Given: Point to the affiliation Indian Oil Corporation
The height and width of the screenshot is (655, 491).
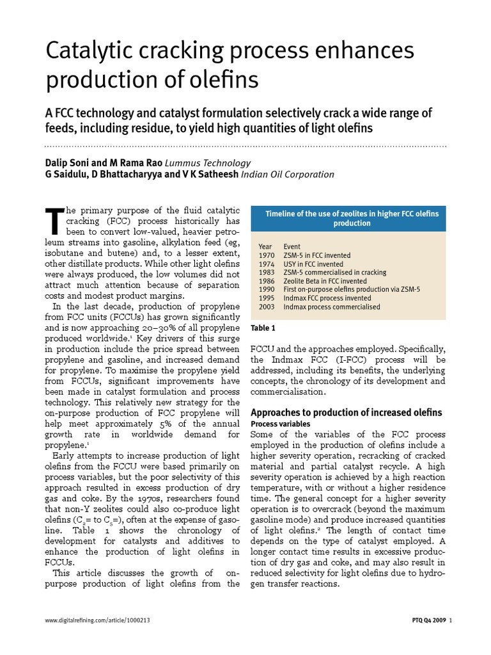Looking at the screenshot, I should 287,174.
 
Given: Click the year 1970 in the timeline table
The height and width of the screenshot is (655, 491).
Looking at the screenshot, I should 267,255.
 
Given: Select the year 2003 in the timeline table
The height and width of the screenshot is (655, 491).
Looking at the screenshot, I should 267,307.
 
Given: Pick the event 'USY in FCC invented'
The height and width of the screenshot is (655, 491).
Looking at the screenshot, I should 313,264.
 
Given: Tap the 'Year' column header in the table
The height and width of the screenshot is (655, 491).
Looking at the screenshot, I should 265,246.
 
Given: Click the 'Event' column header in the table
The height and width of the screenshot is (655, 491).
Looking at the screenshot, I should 292,246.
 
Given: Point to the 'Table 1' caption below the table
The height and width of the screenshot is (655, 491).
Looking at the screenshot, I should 263,328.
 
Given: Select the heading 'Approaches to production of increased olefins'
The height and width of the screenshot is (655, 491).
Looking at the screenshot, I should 346,412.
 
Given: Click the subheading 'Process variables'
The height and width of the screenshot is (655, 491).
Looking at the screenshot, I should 281,423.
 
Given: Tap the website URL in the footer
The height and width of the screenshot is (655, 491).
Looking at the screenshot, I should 98,620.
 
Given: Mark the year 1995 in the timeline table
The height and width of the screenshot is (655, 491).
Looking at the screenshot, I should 267,298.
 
